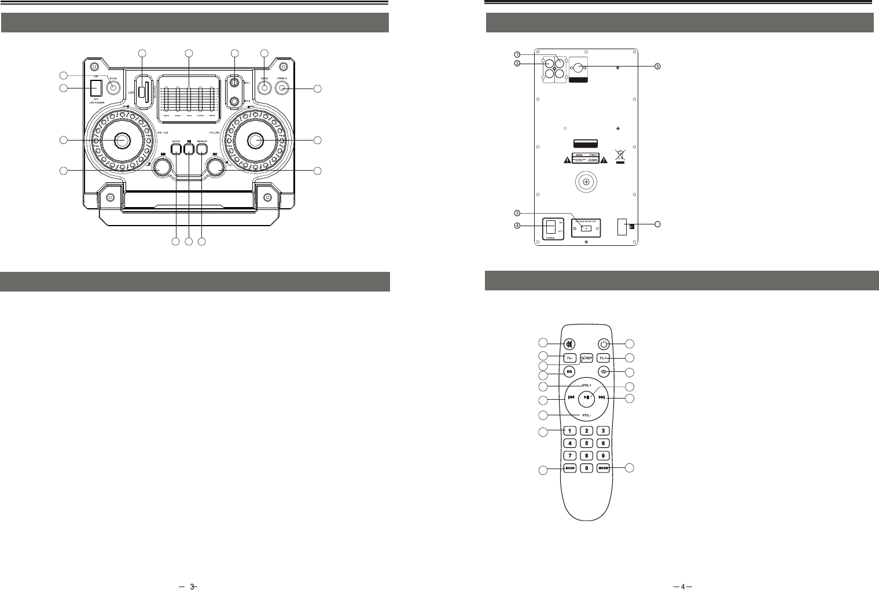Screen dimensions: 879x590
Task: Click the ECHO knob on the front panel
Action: click(114, 88)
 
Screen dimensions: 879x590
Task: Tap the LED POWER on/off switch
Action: click(96, 87)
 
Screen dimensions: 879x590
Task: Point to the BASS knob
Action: click(264, 89)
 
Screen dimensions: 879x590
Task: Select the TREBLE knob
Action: click(282, 89)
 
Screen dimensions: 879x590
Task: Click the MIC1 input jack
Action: click(234, 83)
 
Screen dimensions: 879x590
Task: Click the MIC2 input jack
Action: click(234, 102)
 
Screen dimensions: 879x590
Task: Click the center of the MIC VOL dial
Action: click(122, 140)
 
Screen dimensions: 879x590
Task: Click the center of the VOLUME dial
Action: click(255, 140)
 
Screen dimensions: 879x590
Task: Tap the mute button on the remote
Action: click(570, 344)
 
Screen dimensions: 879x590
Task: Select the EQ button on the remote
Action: click(569, 371)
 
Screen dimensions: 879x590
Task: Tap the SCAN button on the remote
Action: click(570, 467)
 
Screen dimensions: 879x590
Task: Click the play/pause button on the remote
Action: click(587, 397)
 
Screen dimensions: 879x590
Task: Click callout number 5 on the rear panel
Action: click(657, 66)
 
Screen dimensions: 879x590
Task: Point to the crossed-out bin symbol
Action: click(620, 157)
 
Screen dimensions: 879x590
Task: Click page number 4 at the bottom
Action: click(683, 587)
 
